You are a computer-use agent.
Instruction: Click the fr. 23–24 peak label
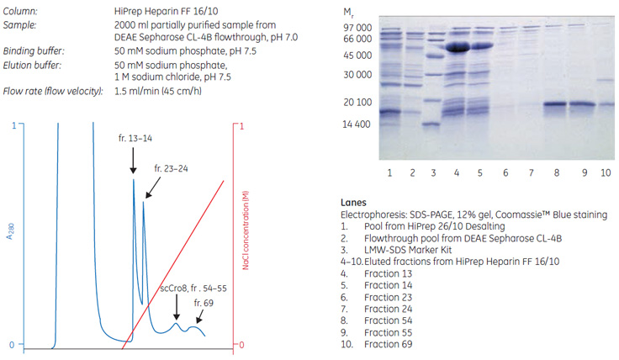[x=171, y=168]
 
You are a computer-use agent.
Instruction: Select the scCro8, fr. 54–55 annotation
[x=192, y=289]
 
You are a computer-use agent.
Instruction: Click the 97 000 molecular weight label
[x=357, y=28]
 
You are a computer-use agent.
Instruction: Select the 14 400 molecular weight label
[x=357, y=124]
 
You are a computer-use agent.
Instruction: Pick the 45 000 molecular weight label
[x=357, y=56]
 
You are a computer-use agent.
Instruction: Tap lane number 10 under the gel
[x=606, y=172]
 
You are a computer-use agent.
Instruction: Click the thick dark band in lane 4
[x=458, y=48]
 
